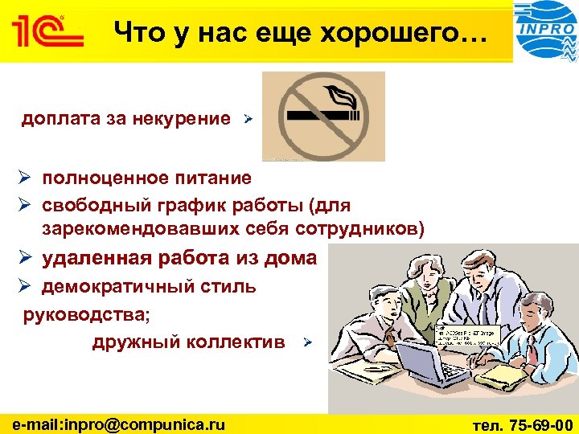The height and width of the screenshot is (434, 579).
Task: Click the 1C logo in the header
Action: pyautogui.click(x=47, y=33)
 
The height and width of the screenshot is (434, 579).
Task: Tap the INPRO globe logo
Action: pyautogui.click(x=546, y=31)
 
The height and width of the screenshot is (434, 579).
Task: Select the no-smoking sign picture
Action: pyautogui.click(x=323, y=116)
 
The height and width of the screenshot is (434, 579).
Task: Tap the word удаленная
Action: pyautogui.click(x=96, y=258)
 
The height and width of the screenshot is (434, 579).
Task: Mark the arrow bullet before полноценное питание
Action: pyautogui.click(x=27, y=178)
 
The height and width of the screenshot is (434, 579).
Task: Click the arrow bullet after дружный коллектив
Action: pyautogui.click(x=306, y=343)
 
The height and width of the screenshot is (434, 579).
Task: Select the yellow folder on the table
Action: pyautogui.click(x=490, y=375)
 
